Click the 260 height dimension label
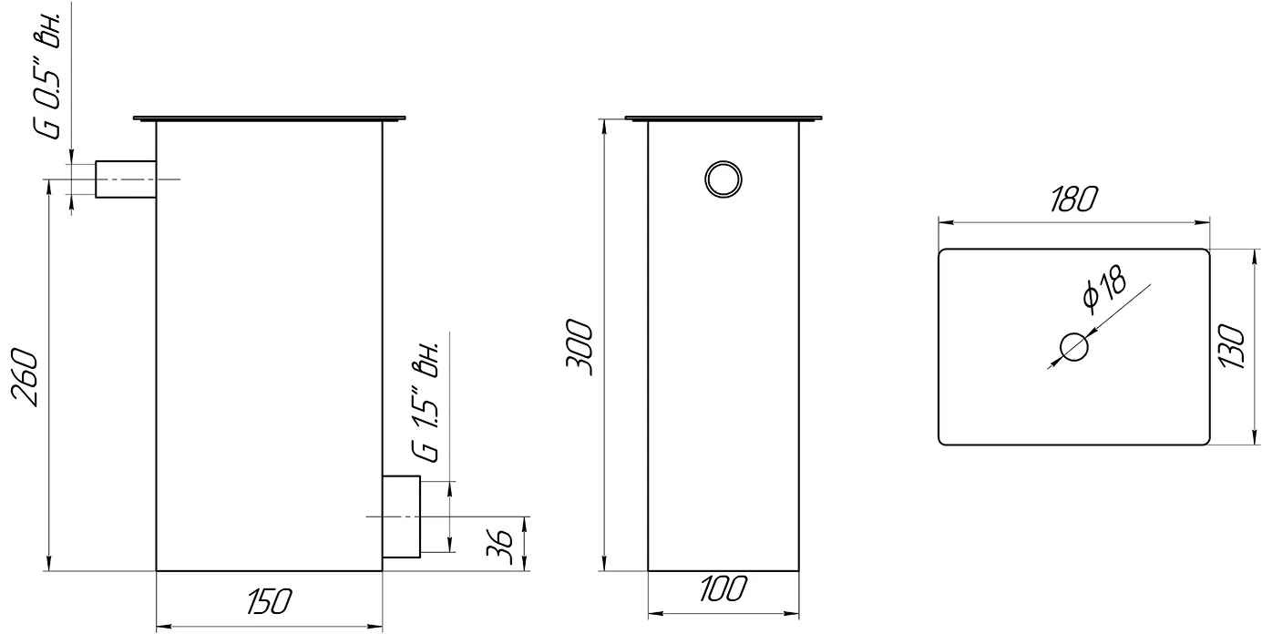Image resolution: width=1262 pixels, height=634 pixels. (26, 377)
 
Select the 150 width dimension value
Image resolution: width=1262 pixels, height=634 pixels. (270, 601)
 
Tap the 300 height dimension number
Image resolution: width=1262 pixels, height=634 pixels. (580, 347)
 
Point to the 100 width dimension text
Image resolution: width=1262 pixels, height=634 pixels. (723, 588)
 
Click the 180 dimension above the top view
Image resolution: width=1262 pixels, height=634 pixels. (1073, 199)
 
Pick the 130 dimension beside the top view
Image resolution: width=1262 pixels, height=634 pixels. (1233, 346)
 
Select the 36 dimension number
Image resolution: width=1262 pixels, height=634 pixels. (499, 547)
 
